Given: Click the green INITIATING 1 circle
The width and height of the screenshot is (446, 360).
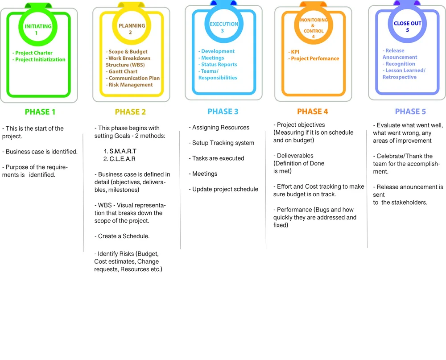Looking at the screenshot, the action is pos(38,29).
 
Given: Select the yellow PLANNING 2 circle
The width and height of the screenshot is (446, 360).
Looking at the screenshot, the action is pos(132,29).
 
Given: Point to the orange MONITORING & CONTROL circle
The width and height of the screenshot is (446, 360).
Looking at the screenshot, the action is pos(313,28).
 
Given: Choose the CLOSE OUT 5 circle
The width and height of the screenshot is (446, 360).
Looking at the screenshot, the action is pos(407,26).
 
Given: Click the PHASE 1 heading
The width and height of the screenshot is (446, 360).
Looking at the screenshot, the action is pos(40,112).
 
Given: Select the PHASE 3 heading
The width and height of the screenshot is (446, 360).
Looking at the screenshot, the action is pos(223,112).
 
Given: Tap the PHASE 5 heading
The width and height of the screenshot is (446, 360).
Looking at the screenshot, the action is pos(407,112).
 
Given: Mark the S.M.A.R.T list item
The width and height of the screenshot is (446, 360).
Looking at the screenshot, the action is pos(123,151).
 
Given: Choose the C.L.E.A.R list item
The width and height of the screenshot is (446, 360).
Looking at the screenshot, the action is pos(122,159).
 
